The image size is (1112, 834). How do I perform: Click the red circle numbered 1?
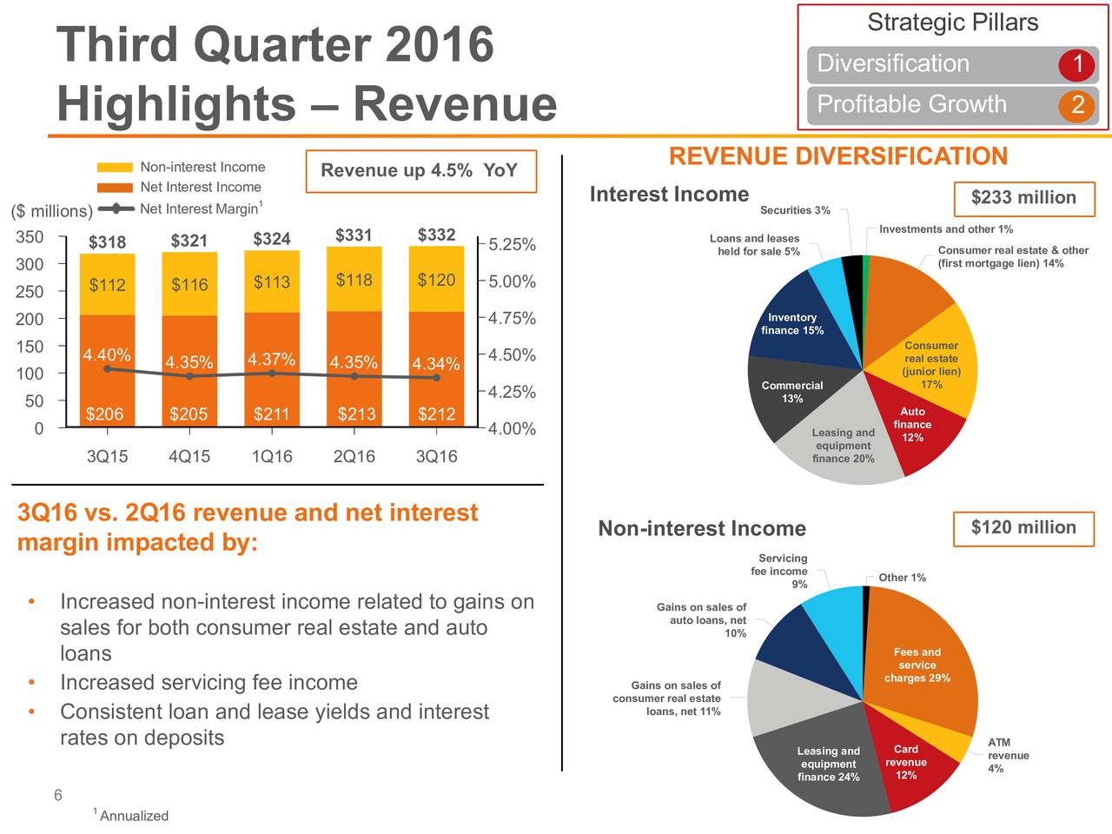1076,64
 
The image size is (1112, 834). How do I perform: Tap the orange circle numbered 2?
1076,105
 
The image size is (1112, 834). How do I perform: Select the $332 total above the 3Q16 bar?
436,235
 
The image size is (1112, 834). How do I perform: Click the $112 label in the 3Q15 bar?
107,285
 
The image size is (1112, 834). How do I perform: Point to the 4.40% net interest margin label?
107,354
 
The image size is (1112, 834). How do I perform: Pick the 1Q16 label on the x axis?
272,456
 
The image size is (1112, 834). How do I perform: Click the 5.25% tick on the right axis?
512,244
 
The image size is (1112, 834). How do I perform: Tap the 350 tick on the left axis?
30,236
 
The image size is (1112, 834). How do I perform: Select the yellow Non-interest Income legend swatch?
115,167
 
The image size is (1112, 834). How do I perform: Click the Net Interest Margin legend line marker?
116,208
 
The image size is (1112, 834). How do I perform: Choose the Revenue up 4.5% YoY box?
421,171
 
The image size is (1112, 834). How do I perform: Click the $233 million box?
1024,199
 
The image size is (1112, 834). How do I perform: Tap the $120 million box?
1023,529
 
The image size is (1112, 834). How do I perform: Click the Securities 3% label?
795,210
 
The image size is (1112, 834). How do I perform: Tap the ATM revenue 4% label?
1008,755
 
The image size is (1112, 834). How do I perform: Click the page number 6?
58,795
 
